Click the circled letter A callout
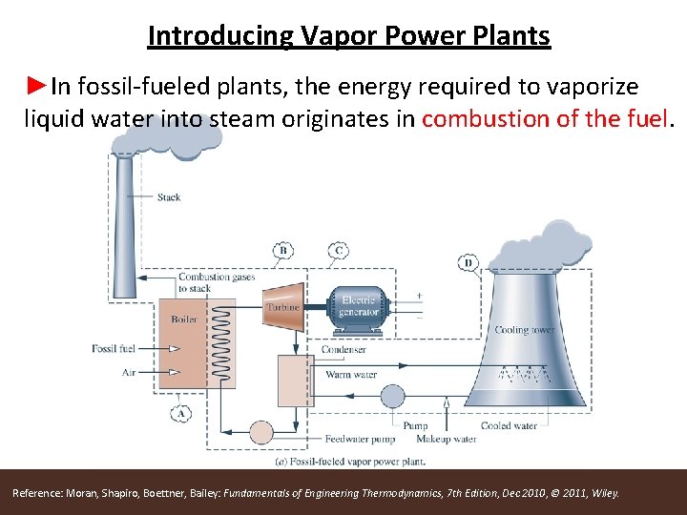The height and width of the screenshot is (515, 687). [x=181, y=413]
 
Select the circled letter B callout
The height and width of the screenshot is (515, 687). [x=282, y=251]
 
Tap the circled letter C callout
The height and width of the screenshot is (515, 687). [x=337, y=251]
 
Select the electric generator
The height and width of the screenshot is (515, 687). [x=358, y=305]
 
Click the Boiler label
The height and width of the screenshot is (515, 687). [x=184, y=319]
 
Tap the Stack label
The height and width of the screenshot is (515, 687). [x=169, y=197]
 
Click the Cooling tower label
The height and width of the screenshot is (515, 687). [x=525, y=330]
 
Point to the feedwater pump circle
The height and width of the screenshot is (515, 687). [x=261, y=432]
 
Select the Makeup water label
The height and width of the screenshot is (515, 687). [x=446, y=440]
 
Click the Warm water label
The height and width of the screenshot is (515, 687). [x=351, y=375]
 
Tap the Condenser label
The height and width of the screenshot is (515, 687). [x=343, y=350]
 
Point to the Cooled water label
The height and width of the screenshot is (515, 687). [x=509, y=426]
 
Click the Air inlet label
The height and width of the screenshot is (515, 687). [x=129, y=372]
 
